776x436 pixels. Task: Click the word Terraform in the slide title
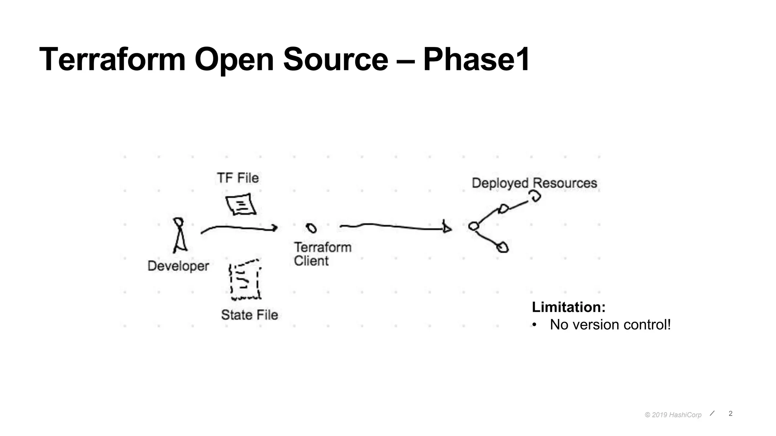113,59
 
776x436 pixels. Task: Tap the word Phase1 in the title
476,59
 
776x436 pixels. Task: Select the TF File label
238,178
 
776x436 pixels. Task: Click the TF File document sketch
241,205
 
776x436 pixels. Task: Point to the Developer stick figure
180,235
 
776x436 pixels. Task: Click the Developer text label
178,266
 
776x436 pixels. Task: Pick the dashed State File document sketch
245,280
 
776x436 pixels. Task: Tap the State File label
249,315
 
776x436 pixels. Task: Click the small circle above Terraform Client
311,228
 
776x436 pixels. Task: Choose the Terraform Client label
322,254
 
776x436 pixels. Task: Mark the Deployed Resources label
534,183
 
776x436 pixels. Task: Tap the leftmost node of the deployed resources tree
474,226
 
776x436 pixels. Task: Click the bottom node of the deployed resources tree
502,248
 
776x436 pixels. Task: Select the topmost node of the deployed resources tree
535,196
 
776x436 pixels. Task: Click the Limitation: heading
568,307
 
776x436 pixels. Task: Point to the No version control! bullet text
610,325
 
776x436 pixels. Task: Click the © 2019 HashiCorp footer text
673,415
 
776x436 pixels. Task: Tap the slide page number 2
731,414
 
